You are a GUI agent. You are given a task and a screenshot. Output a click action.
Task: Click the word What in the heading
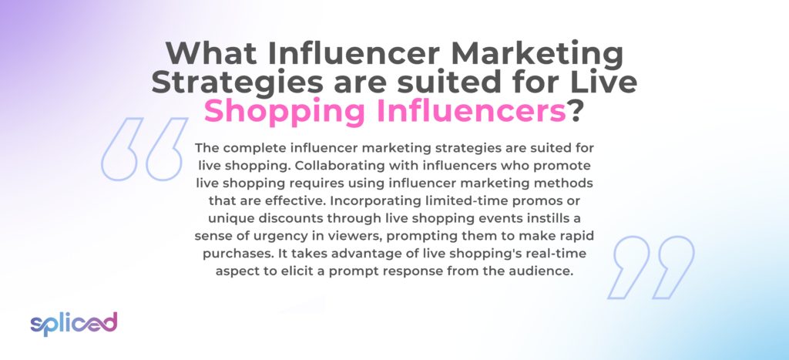[x=212, y=53]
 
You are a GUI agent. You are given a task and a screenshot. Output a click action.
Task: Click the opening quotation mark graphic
[x=144, y=149]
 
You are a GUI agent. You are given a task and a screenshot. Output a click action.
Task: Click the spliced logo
[x=73, y=324]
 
